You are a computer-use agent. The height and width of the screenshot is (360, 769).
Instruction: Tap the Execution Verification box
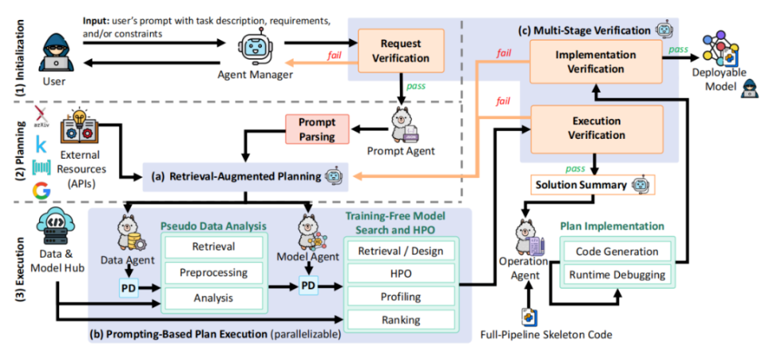(595, 129)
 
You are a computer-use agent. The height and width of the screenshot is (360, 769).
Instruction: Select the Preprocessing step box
(213, 272)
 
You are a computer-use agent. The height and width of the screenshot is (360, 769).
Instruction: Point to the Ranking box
(400, 320)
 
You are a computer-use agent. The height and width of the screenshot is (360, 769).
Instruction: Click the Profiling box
(400, 297)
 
